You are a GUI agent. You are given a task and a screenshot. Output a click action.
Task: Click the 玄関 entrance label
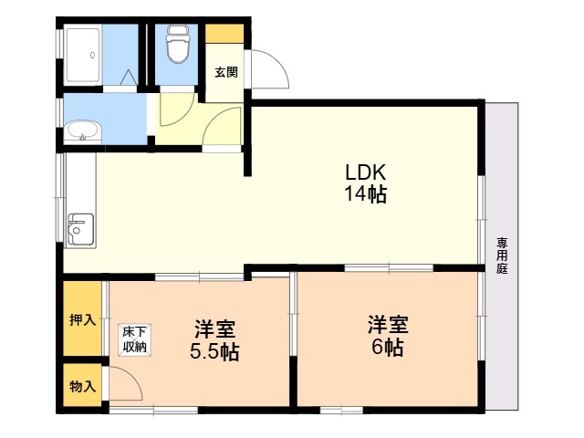coord(226,72)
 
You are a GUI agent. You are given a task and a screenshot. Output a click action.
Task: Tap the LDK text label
coord(365,172)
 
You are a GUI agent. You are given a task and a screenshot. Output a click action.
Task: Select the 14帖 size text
coord(365,193)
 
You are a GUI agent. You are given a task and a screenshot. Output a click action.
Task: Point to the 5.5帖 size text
coord(214,351)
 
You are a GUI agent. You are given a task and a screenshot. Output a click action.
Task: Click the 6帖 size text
coord(387,348)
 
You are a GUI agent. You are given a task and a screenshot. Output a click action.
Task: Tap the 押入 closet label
coord(83,319)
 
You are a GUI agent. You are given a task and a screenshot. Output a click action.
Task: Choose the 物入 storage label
coord(83,387)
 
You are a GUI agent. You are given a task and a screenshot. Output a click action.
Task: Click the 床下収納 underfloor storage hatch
coord(135,339)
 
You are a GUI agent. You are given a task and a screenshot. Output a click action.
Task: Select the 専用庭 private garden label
coord(502,255)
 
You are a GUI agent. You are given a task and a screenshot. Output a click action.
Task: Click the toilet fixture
coord(177,44)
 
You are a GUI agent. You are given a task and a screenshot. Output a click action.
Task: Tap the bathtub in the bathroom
coord(83,55)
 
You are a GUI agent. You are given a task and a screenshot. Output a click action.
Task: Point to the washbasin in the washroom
coord(83,131)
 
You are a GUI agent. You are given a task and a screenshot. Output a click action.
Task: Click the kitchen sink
coord(80,229)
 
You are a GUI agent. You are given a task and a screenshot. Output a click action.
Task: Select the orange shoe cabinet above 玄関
coord(224,34)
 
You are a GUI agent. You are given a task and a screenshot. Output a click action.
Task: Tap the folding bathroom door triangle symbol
coord(129,77)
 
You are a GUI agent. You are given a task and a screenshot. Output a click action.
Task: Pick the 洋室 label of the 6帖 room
coord(388,325)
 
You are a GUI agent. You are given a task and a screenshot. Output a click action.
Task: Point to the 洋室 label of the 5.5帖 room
coord(215,328)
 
